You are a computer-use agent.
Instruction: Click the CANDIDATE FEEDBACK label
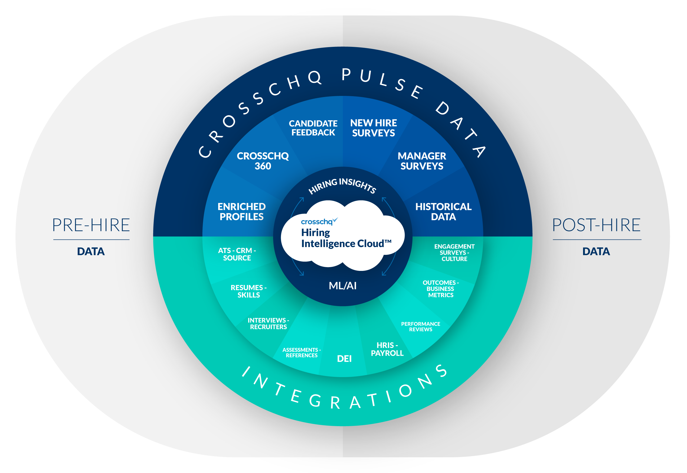point(313,128)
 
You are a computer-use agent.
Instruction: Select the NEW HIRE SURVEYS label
point(373,128)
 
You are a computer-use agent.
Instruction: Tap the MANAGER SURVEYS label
point(422,161)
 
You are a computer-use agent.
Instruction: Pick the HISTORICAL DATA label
point(443,212)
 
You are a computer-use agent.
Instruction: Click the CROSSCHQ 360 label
point(263,161)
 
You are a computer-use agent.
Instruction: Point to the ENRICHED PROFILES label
point(242,212)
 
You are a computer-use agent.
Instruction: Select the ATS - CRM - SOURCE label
point(237,254)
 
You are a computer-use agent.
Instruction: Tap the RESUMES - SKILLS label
point(249,291)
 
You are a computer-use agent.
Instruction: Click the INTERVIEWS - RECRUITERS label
point(268,324)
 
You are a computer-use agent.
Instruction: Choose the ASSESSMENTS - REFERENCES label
point(302,353)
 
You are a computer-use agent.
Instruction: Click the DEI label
point(344,359)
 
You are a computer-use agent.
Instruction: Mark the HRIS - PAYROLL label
point(387,349)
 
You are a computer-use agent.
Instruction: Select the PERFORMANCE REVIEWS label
point(420,327)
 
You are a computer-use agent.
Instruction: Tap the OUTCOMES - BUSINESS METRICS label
point(441,289)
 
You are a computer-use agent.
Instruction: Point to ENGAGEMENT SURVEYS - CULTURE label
point(454,252)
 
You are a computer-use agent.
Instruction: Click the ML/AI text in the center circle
point(343,286)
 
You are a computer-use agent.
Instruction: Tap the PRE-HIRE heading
point(91,225)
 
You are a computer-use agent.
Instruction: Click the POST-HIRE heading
point(596,225)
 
